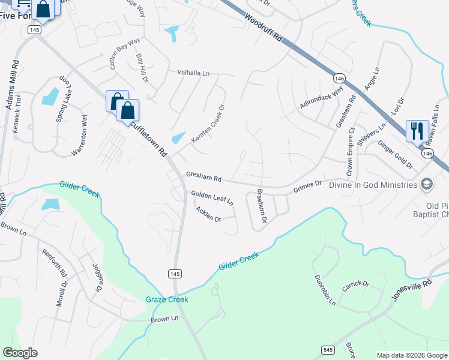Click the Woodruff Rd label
(x=264, y=28)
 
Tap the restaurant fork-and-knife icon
(x=417, y=130)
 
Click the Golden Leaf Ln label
(x=212, y=198)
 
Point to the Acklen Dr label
(x=208, y=214)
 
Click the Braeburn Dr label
(x=261, y=206)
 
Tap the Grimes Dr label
(x=308, y=187)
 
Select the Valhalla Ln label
(x=193, y=73)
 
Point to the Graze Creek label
(x=167, y=299)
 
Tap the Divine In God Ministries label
(x=373, y=185)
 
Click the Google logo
(x=20, y=353)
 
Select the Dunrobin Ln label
(x=325, y=290)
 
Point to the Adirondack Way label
(x=322, y=98)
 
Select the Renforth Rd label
(x=54, y=263)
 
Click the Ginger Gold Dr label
(x=395, y=155)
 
